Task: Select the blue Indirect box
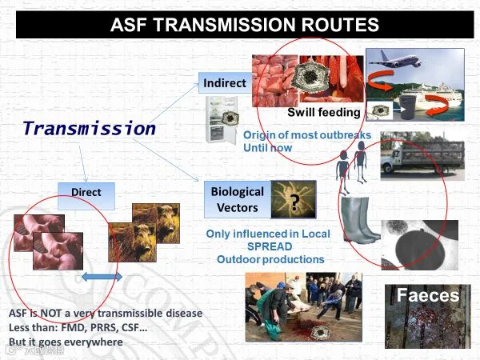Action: [225, 82]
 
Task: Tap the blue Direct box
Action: [86, 196]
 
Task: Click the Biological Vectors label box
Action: [238, 199]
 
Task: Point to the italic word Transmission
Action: [90, 128]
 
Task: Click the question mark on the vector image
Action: [294, 202]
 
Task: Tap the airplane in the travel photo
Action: [395, 59]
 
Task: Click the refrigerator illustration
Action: [222, 120]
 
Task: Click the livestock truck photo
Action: [422, 156]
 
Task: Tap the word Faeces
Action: [428, 295]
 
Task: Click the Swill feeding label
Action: [324, 112]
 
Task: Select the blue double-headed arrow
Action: [102, 277]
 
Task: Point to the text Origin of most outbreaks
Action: [307, 135]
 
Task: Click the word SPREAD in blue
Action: [270, 246]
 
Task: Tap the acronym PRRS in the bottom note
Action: [102, 327]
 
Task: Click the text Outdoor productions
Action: [270, 259]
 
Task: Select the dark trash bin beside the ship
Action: [408, 107]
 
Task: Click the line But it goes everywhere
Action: [66, 342]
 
